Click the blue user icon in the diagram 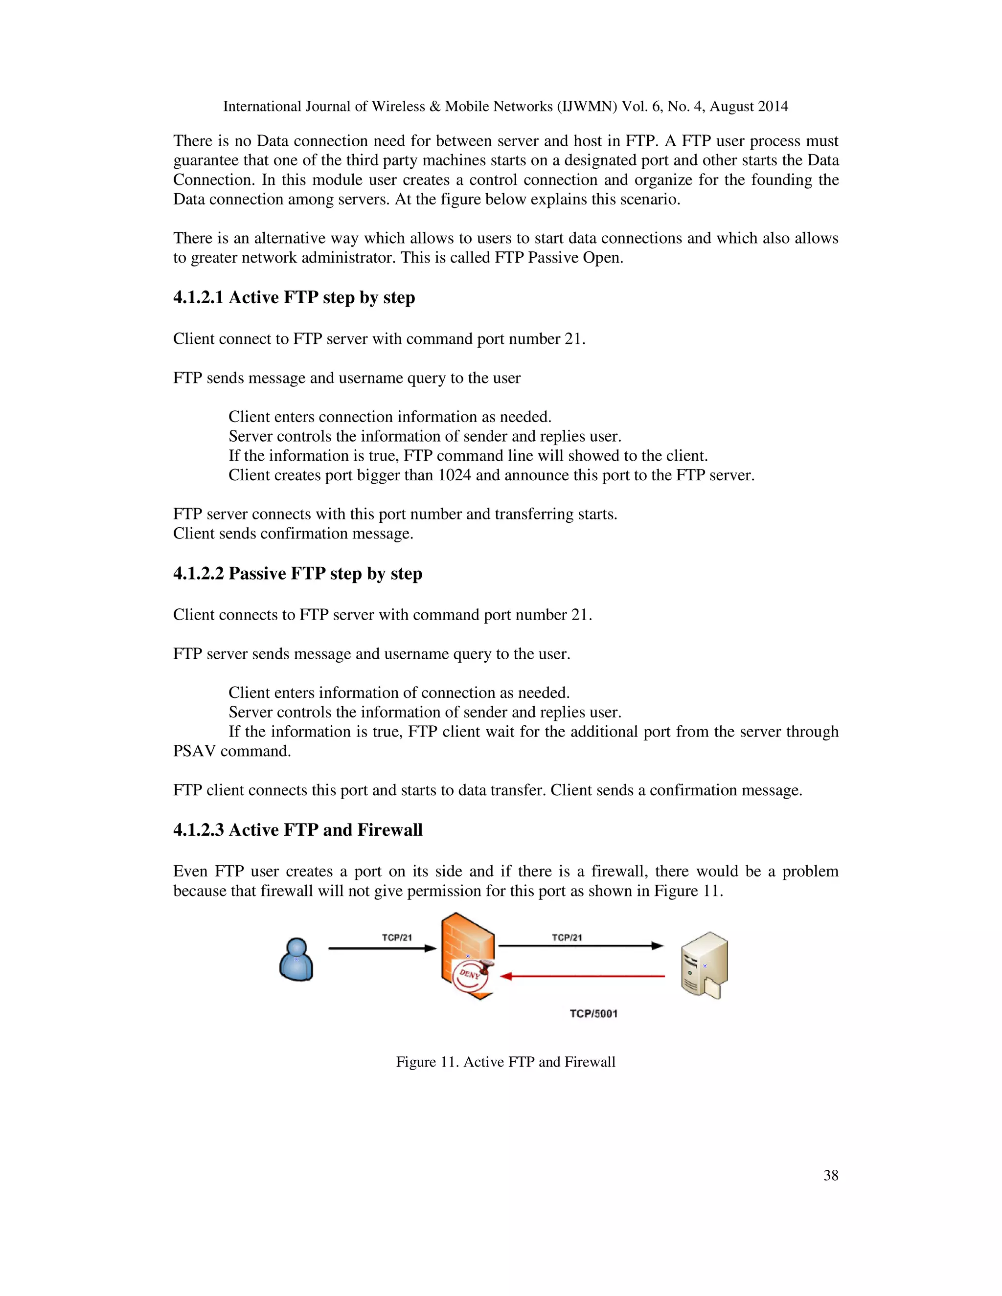click(296, 959)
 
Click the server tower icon click(704, 965)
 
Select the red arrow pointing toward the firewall click(582, 976)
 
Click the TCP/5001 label click(593, 1013)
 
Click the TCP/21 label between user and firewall click(396, 938)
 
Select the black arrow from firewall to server click(581, 946)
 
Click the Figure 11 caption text click(505, 1062)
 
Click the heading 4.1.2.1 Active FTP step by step click(294, 297)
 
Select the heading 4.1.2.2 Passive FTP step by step click(297, 573)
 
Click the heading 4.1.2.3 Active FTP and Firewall click(297, 829)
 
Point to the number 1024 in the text click(454, 475)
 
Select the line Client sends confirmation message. click(293, 534)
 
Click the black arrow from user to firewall click(382, 948)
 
